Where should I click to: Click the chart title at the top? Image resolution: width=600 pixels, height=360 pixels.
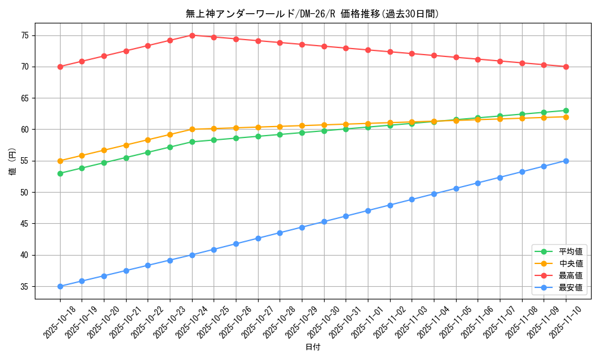[312, 14]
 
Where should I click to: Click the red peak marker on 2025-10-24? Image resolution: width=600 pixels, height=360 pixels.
[192, 35]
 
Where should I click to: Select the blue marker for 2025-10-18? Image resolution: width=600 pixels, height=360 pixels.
[60, 286]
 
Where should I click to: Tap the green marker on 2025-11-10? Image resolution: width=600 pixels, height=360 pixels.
[566, 110]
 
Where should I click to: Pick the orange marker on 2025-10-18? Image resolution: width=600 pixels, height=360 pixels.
[60, 161]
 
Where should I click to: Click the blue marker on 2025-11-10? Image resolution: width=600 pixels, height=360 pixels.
[566, 161]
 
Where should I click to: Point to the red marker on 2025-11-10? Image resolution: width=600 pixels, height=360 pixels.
[566, 67]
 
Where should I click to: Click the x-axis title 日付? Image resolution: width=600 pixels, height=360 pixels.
[313, 347]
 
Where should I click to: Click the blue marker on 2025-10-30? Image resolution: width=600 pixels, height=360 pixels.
[324, 221]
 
